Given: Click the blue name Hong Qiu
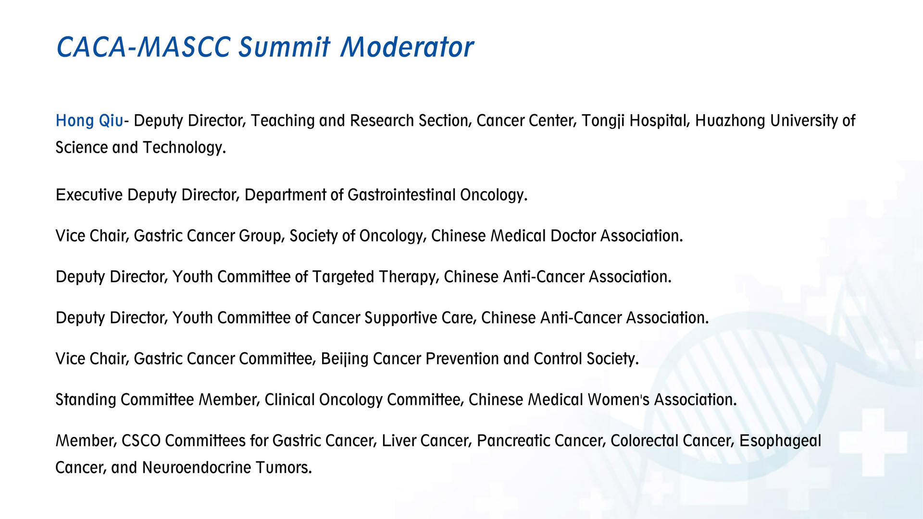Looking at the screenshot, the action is coord(89,121).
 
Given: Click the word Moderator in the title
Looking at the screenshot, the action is coord(407,47).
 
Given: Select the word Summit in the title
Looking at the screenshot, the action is coord(285,47).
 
